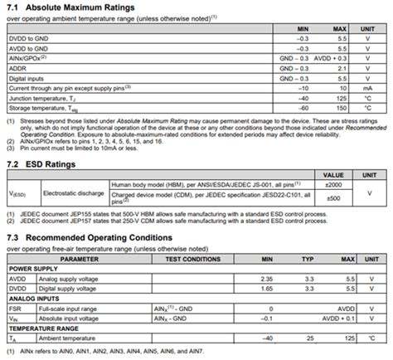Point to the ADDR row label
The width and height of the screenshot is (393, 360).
[18, 68]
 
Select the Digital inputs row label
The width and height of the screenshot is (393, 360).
[27, 78]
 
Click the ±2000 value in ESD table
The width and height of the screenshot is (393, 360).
[332, 185]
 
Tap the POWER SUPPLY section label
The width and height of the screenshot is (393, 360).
[32, 270]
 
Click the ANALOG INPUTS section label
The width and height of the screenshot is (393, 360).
[33, 299]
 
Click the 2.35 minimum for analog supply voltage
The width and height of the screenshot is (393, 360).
[267, 280]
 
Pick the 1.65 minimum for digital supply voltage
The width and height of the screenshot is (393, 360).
[267, 289]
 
